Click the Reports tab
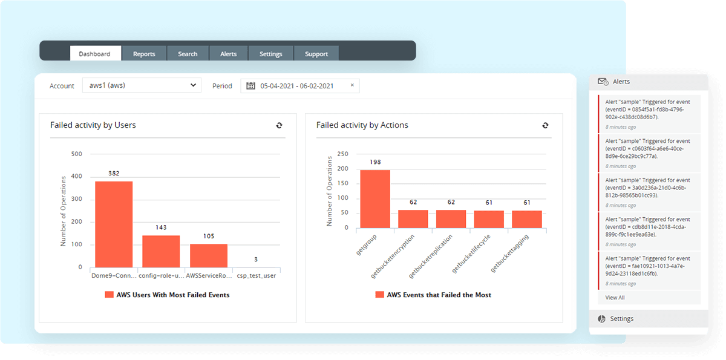[x=144, y=54]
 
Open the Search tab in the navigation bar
[x=188, y=54]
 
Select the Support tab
[x=316, y=54]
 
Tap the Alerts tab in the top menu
[x=229, y=54]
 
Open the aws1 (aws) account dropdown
[x=143, y=85]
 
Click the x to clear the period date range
[x=352, y=85]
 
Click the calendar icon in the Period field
[x=251, y=86]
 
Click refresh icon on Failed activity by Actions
[x=545, y=125]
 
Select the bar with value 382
[x=114, y=224]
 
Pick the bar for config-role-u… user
[x=161, y=251]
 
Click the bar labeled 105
[x=209, y=255]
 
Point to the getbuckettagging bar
[x=527, y=219]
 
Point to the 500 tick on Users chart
[x=76, y=154]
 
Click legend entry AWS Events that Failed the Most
[x=433, y=295]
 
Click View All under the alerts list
[x=615, y=298]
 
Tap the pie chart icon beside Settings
[x=601, y=319]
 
